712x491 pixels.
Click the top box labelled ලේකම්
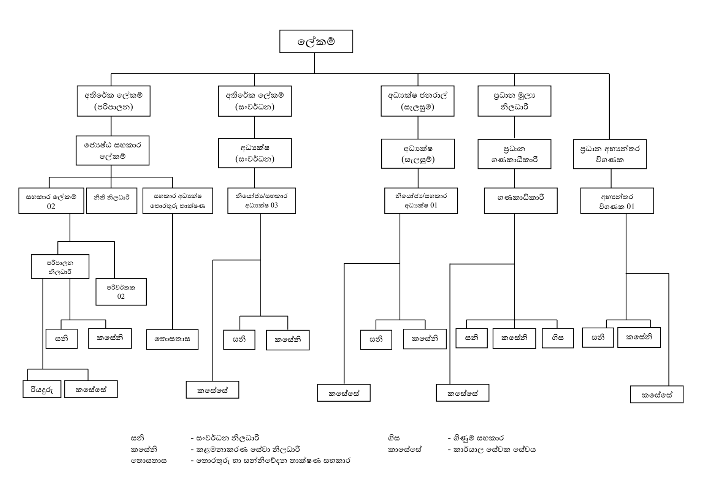(x=316, y=41)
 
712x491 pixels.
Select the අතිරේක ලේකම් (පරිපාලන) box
(x=113, y=101)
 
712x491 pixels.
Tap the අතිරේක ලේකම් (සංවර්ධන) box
(x=255, y=101)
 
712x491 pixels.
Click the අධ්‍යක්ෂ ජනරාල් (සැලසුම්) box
(x=417, y=101)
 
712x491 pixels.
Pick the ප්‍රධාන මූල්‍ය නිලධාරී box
(x=514, y=101)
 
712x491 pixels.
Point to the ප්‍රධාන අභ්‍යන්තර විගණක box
(x=610, y=154)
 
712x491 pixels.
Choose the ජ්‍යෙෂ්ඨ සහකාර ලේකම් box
(x=113, y=150)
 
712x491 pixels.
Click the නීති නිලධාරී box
(x=111, y=201)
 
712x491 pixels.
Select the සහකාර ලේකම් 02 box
(x=51, y=201)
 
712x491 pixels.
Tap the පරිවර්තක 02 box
(x=121, y=292)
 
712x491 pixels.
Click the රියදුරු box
(x=42, y=390)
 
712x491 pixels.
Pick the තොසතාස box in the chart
(x=172, y=339)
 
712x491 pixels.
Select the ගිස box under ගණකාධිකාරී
(x=557, y=338)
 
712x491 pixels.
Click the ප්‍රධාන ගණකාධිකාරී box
(x=514, y=154)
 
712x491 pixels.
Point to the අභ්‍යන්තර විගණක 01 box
(x=617, y=201)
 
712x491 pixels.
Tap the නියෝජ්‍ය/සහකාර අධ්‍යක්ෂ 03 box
(x=262, y=201)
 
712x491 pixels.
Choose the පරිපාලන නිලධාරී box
(x=60, y=267)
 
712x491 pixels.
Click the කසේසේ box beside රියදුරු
(x=91, y=390)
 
